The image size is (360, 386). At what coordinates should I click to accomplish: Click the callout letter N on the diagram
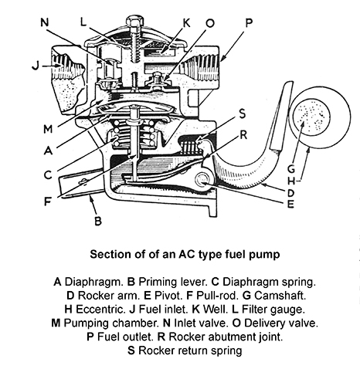pos(45,22)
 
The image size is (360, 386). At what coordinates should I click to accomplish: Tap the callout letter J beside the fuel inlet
pos(36,66)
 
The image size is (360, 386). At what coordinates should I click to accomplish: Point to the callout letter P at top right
pos(249,23)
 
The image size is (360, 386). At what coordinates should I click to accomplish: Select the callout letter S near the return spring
pos(242,113)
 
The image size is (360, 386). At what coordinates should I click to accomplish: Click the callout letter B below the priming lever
pos(98,221)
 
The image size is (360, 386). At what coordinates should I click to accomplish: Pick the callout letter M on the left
pos(48,129)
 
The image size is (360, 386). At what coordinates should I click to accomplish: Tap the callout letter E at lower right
pos(290,204)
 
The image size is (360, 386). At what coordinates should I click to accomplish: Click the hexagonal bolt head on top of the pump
pos(134,22)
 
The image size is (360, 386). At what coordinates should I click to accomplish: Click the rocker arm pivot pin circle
pos(202,179)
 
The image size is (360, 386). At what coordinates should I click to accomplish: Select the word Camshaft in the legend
pos(280,296)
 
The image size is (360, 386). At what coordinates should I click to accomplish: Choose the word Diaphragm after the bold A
pos(93,282)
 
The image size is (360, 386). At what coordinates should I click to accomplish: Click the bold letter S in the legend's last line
pos(131,350)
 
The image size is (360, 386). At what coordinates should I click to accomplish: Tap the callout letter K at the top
pos(186,23)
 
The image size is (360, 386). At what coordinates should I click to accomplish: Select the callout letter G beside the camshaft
pos(291,169)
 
